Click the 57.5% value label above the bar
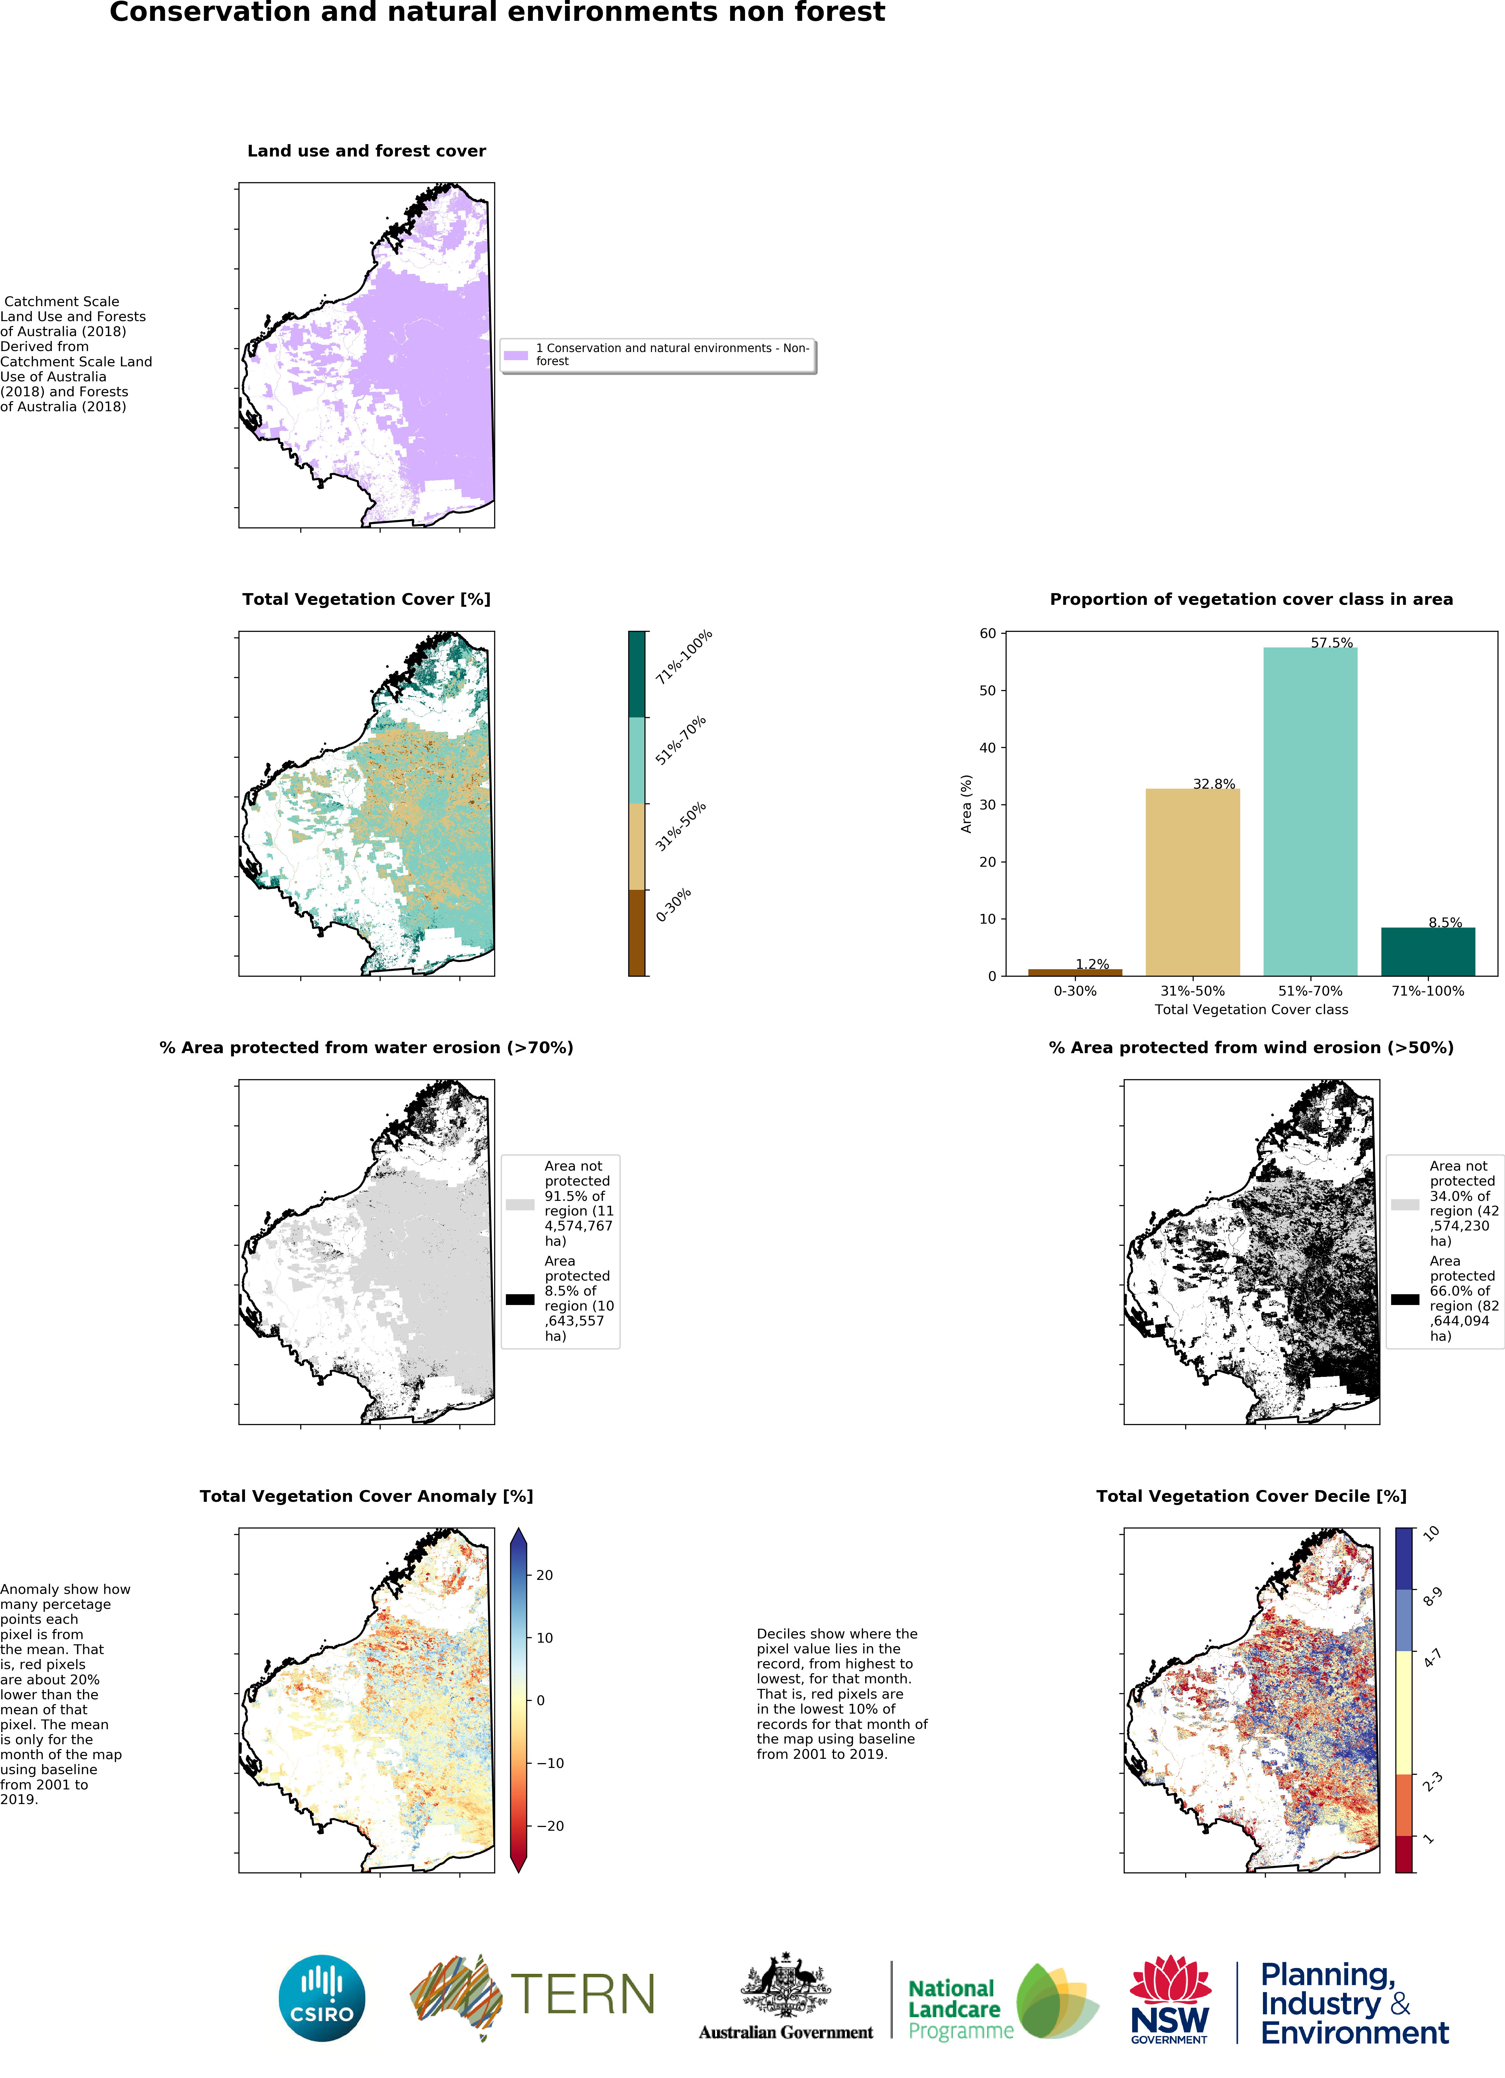pos(1331,642)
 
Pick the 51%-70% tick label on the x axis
pos(1310,990)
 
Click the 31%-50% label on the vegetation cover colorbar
pos(681,826)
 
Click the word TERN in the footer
pos(583,1995)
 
